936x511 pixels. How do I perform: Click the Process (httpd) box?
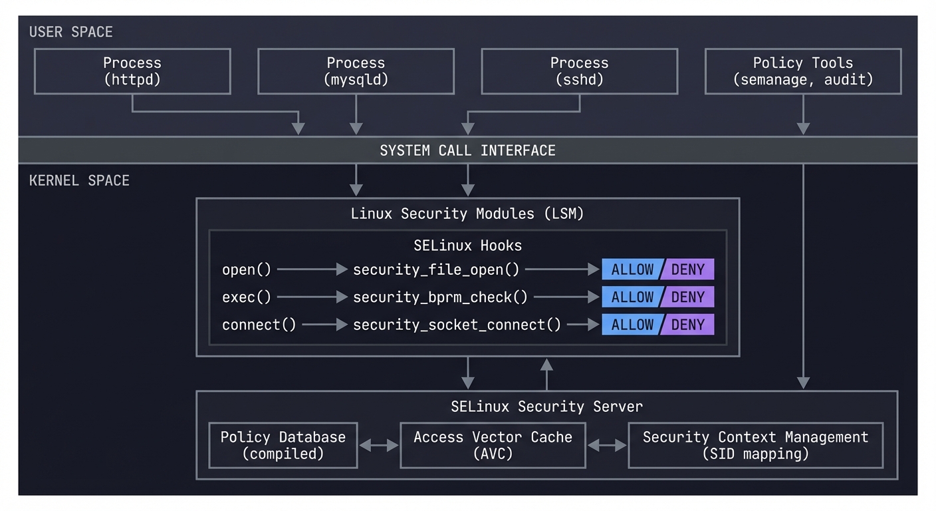click(x=132, y=71)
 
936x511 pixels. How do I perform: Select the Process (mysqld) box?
click(x=356, y=71)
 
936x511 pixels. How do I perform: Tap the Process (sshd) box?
click(x=579, y=71)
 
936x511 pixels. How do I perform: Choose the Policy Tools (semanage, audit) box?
click(x=802, y=71)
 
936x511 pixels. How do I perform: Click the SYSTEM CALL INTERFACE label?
click(x=467, y=150)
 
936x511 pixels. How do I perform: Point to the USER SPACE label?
click(x=71, y=32)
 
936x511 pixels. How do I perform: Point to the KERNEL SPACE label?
click(x=79, y=180)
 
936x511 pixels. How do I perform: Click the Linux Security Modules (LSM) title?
click(x=467, y=214)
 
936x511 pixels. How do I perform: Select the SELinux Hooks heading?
click(x=467, y=246)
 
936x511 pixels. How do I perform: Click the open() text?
click(x=247, y=269)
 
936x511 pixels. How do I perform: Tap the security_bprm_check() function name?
click(x=440, y=297)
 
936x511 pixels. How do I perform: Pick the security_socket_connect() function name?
click(x=457, y=325)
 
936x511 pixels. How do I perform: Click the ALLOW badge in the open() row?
click(x=632, y=269)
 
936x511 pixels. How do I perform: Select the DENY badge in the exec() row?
click(x=688, y=297)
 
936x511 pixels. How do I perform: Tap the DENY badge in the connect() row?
click(x=688, y=325)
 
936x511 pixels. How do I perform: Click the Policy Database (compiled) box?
click(x=283, y=445)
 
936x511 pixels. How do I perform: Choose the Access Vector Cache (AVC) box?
click(x=493, y=445)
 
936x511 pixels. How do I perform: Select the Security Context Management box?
click(x=755, y=445)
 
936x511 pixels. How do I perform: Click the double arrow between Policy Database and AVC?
click(x=378, y=445)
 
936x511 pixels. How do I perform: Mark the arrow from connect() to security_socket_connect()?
click(x=324, y=325)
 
